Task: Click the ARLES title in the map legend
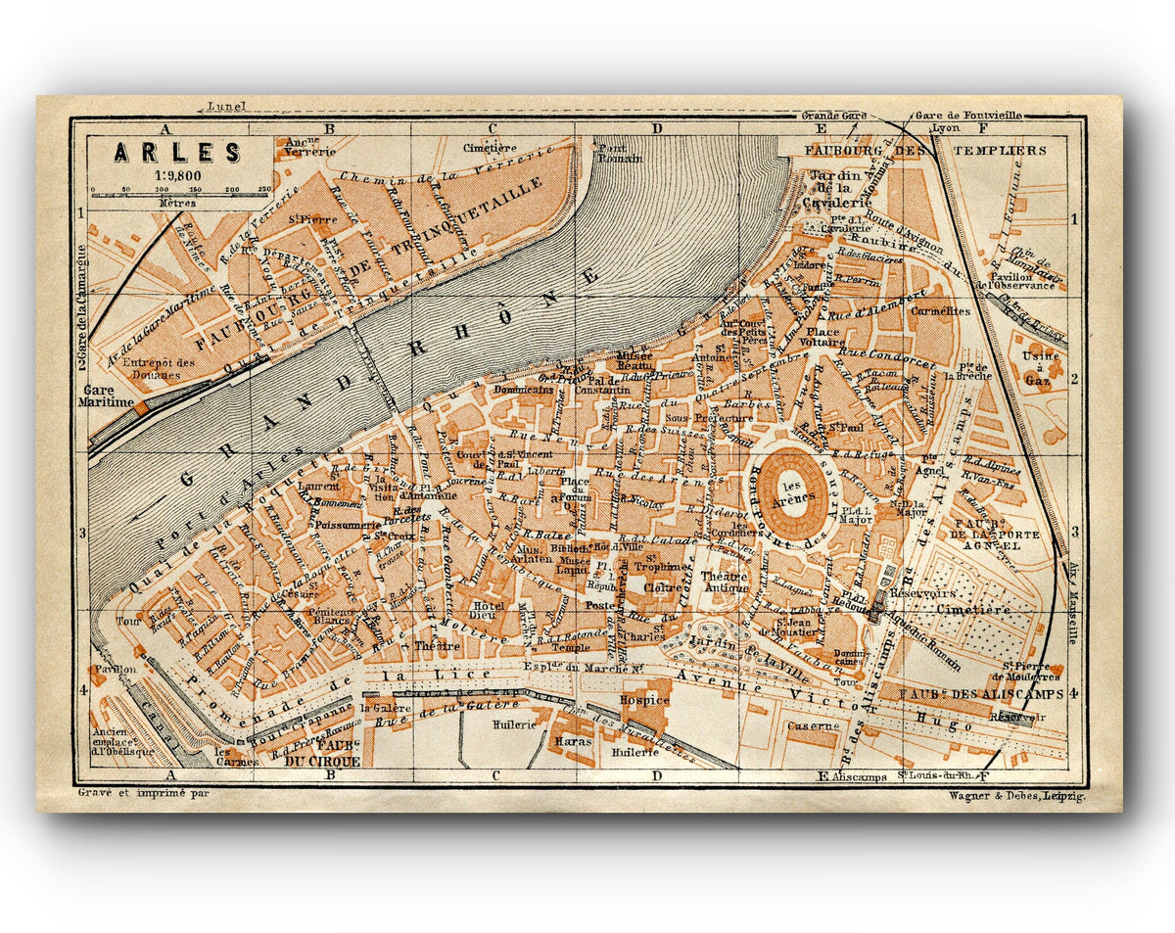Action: (x=177, y=153)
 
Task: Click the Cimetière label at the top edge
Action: (x=489, y=148)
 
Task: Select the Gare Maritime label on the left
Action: (x=107, y=395)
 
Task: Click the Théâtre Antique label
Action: (x=724, y=582)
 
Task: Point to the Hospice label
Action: (x=643, y=700)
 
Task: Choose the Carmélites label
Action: (x=939, y=311)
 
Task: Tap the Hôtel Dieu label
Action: (x=487, y=610)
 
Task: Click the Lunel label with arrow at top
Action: (x=227, y=107)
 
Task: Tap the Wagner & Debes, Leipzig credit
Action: (x=1016, y=797)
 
